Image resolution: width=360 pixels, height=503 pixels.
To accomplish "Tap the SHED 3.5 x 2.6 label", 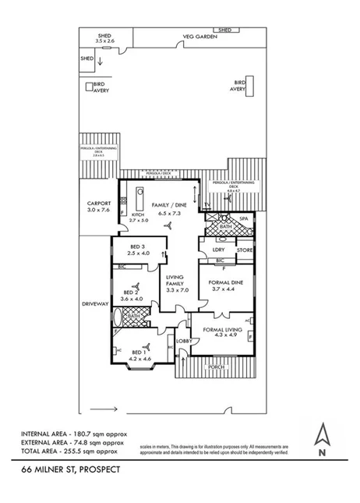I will tap(104, 38).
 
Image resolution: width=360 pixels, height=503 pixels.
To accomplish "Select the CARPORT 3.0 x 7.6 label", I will tap(100, 207).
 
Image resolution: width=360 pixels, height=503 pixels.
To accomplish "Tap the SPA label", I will tap(243, 219).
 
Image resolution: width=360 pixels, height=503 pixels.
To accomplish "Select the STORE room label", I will tap(245, 250).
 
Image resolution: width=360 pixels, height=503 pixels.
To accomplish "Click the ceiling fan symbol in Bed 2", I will tap(136, 285).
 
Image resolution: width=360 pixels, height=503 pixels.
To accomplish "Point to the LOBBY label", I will tap(183, 341).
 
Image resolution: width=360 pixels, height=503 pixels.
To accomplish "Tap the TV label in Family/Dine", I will tap(206, 204).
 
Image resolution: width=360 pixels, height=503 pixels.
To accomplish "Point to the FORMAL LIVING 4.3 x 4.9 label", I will tap(223, 332).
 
